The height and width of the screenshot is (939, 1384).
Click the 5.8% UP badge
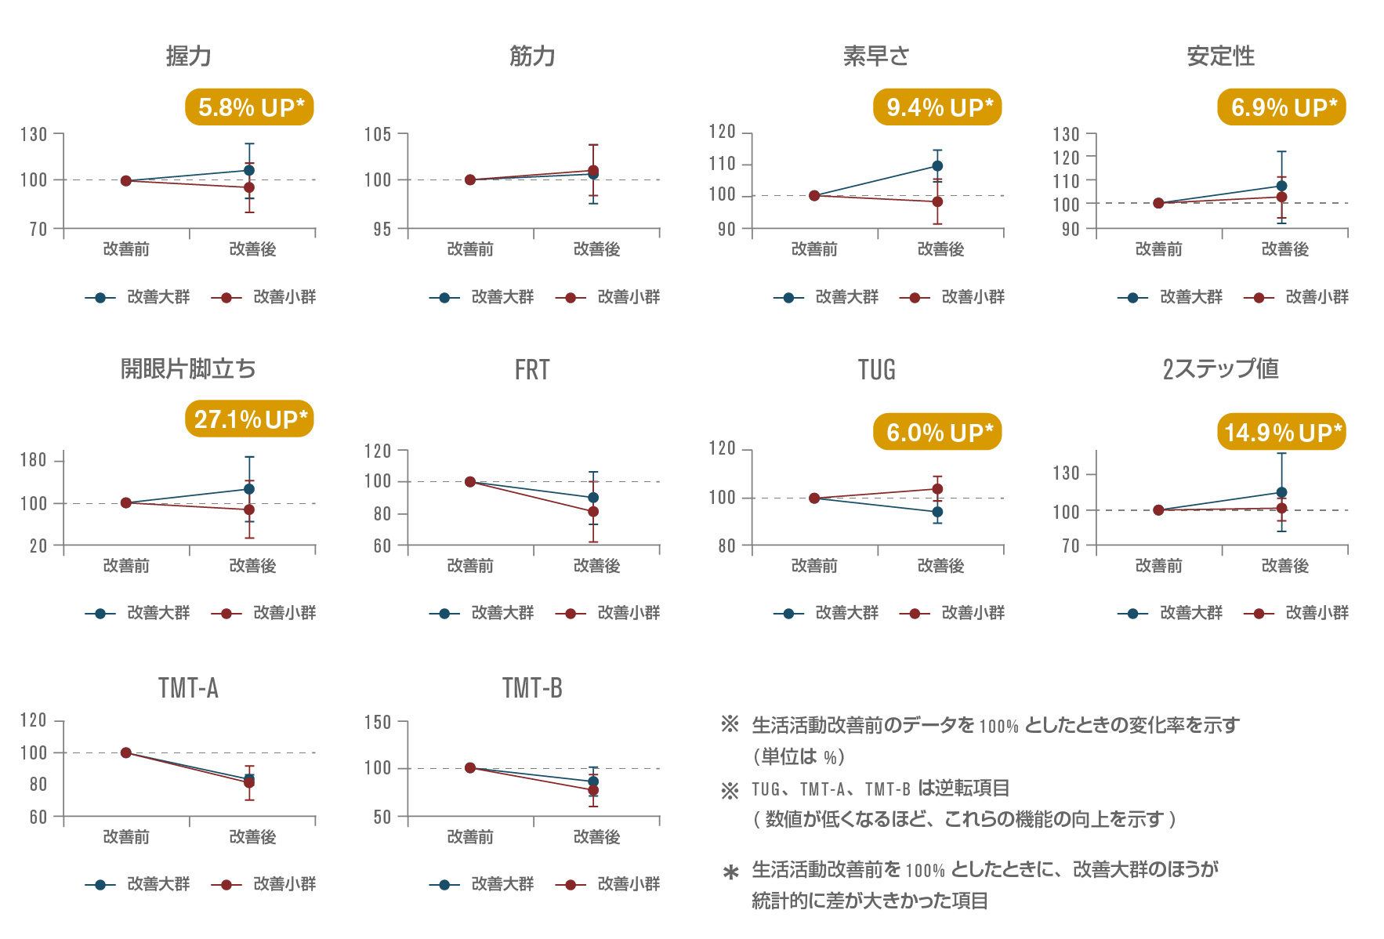click(x=249, y=107)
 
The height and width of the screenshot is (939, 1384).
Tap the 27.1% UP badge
click(x=249, y=419)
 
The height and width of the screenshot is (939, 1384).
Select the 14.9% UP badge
click(x=1281, y=432)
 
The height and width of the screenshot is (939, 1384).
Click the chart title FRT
click(x=532, y=370)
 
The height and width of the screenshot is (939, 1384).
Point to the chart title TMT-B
click(x=532, y=688)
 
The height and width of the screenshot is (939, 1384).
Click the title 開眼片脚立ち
click(x=188, y=369)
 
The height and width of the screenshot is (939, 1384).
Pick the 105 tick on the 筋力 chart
click(x=378, y=135)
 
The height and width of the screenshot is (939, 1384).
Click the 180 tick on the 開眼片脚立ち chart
click(x=34, y=460)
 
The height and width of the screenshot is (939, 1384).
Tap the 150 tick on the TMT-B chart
click(x=378, y=722)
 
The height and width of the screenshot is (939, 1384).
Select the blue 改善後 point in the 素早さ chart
click(x=937, y=166)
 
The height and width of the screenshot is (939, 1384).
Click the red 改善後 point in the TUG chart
click(x=937, y=489)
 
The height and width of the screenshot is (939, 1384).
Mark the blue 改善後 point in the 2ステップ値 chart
click(x=1281, y=493)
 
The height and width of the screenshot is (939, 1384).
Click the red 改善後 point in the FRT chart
click(x=593, y=512)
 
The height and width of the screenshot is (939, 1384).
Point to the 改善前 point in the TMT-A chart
click(x=126, y=752)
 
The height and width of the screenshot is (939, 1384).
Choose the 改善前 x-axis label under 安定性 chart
click(x=1158, y=249)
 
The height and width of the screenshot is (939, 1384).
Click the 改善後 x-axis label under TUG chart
click(x=940, y=566)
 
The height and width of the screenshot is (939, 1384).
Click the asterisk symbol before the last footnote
click(x=730, y=872)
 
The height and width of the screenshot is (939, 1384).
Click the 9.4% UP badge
click(x=937, y=107)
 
